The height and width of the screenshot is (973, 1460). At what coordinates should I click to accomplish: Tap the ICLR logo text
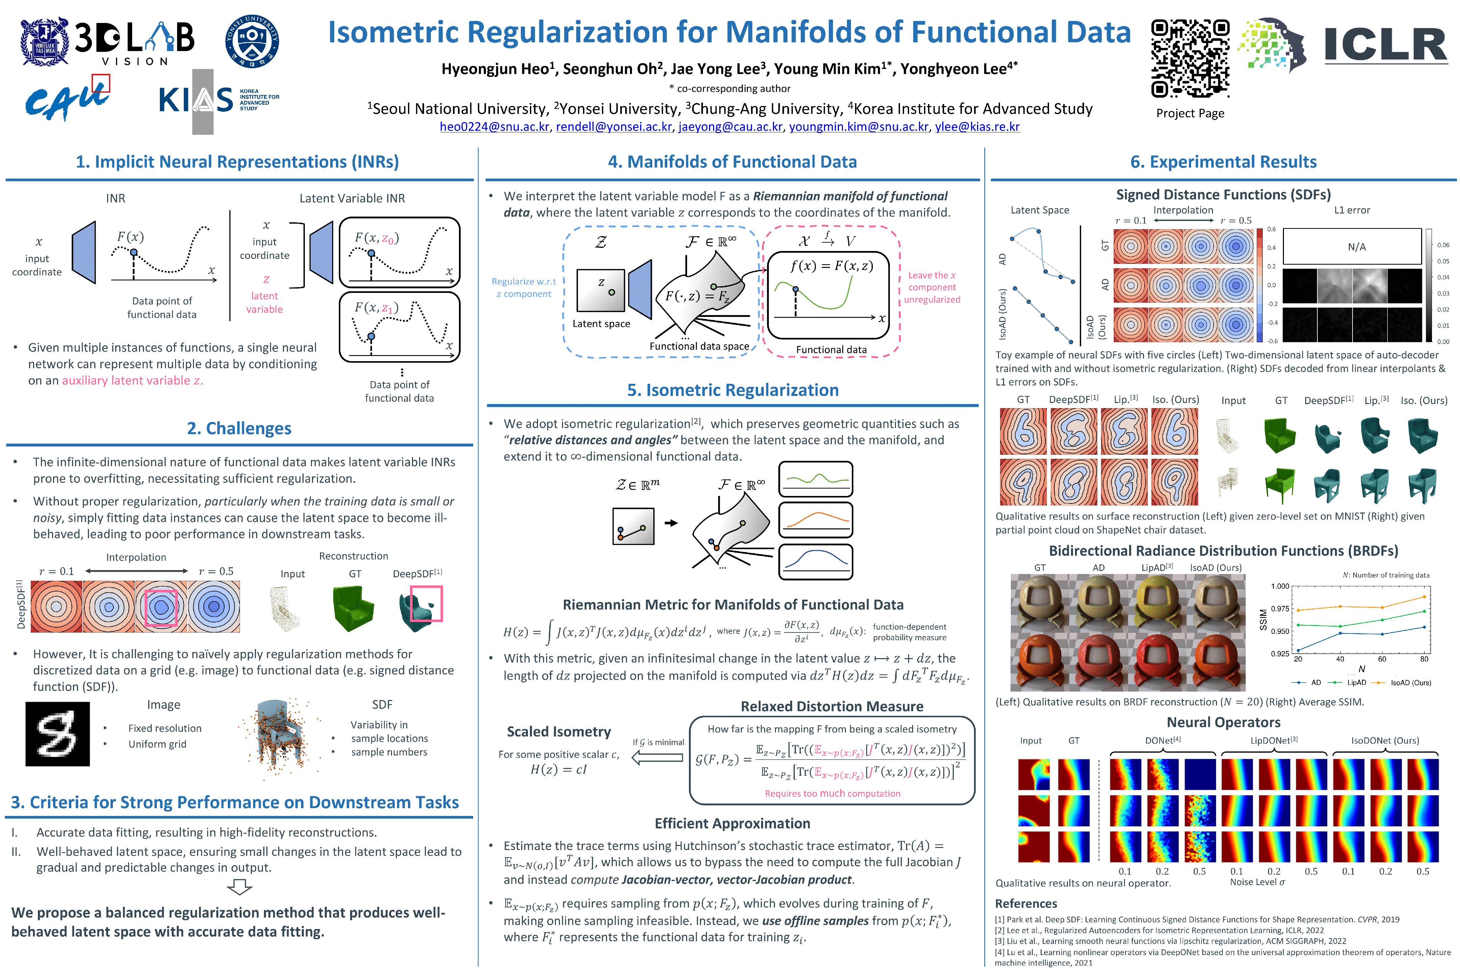pos(1386,45)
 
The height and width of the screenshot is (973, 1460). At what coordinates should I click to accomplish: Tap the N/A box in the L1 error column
pos(1352,246)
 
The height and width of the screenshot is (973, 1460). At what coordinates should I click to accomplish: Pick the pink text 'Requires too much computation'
pos(832,793)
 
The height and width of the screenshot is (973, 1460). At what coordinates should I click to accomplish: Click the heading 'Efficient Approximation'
pos(732,823)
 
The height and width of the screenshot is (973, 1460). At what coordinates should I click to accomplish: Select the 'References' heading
pos(1025,903)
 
